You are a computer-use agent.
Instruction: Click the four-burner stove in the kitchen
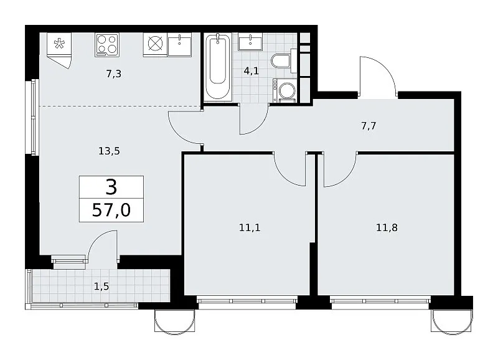pos(107,45)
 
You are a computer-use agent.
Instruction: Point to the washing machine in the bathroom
pos(285,90)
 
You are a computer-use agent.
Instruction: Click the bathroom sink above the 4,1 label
pos(251,42)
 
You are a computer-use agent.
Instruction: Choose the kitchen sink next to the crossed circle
pos(180,45)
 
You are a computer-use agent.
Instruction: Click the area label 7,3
pos(114,73)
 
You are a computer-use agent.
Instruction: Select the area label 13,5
pos(109,151)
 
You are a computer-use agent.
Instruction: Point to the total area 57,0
pos(111,210)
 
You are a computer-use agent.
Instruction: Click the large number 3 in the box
pos(111,187)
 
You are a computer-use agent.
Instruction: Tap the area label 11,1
pos(250,227)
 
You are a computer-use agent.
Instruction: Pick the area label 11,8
pos(387,227)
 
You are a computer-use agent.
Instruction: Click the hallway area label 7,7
pos(369,126)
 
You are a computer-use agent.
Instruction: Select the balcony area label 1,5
pos(101,287)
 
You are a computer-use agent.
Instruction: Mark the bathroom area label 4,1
pos(251,70)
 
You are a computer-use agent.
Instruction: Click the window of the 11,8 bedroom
pos(380,301)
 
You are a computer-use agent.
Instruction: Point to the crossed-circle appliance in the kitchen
pos(155,45)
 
